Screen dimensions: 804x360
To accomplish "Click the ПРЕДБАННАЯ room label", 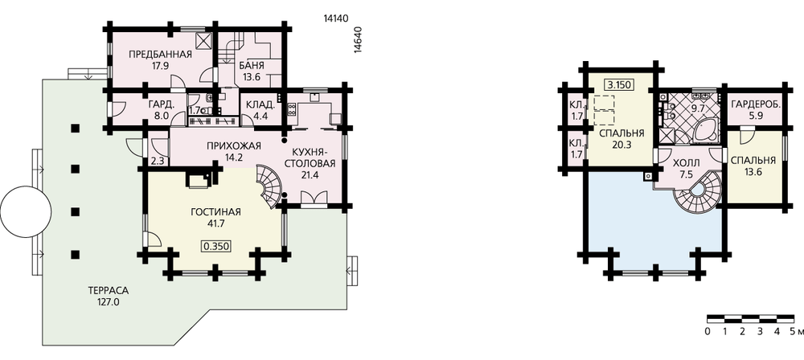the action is coord(160,55).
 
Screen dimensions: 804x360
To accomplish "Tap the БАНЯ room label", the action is coord(252,66).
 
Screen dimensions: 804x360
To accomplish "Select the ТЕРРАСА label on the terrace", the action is coord(109,291).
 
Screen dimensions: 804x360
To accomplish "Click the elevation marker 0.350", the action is coord(215,246).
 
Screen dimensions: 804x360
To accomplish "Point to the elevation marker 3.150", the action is coord(617,85).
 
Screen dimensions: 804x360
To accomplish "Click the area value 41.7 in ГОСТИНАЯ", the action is coord(215,223).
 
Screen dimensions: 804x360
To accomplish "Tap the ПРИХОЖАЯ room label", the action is coord(234,146).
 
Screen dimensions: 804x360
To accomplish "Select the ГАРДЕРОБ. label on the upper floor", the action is coord(756,104).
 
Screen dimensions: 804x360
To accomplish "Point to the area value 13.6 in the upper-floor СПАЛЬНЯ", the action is coord(753,172).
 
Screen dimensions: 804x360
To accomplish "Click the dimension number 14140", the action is coord(336,18).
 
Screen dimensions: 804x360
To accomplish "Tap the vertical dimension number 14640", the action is coord(359,39).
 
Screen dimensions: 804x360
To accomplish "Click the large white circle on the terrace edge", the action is coord(26,211).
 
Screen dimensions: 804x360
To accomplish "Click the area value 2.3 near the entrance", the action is coord(158,161).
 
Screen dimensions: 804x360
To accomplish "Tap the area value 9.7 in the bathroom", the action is coord(698,108).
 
